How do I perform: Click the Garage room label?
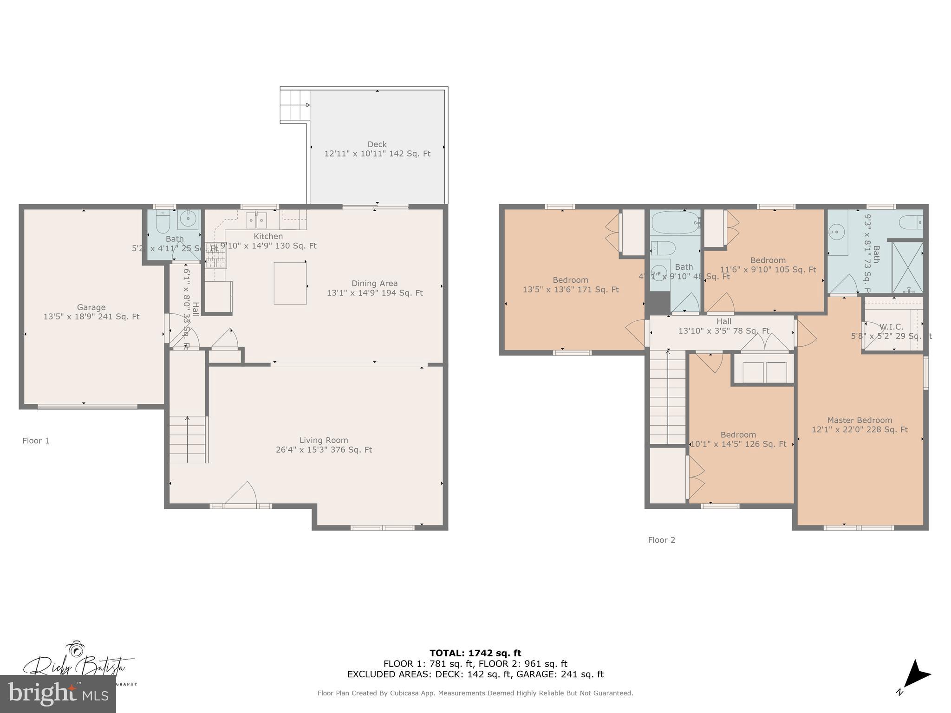point(91,312)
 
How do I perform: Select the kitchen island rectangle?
point(290,283)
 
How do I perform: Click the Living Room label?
point(324,445)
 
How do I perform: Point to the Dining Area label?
point(374,288)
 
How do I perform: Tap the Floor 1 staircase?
point(188,439)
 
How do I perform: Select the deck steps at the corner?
point(294,105)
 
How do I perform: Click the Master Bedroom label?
point(860,425)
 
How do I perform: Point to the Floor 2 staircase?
point(668,397)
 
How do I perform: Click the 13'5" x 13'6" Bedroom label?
point(570,285)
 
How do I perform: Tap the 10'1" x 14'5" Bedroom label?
point(738,439)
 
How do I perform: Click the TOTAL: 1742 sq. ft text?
point(475,653)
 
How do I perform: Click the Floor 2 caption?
point(661,540)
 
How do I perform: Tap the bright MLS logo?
point(58,694)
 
